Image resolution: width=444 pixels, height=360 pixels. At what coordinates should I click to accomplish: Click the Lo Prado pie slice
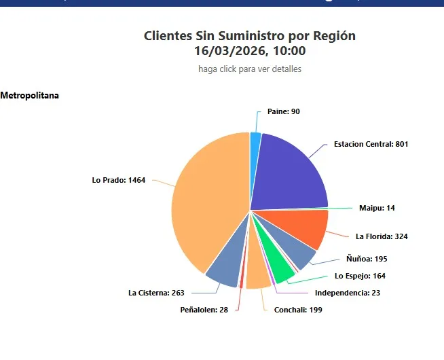207,204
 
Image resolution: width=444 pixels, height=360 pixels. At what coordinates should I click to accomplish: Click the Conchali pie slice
258,275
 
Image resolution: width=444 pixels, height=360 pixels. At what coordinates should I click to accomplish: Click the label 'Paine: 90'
284,111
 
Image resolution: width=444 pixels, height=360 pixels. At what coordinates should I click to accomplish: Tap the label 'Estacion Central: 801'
371,144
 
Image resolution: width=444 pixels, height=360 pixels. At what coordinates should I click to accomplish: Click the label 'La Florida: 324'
382,236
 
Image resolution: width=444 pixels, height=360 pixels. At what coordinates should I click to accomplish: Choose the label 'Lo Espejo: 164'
360,276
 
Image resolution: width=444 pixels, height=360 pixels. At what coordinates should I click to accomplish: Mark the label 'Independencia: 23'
348,293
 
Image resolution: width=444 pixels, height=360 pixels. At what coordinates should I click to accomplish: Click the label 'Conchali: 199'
297,310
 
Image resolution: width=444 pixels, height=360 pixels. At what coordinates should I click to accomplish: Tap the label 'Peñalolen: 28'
204,310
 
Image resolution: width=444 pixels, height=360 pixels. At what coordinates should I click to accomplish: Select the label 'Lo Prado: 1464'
119,180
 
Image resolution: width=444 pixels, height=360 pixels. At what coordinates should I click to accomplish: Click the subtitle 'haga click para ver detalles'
250,69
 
